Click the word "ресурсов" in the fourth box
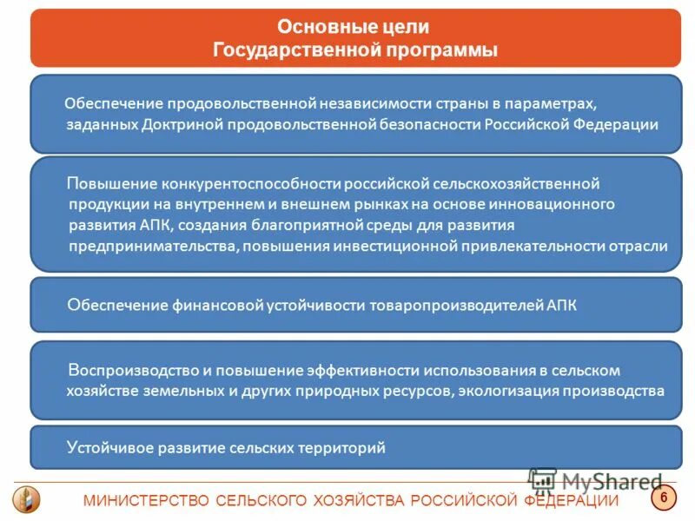pyautogui.click(x=416, y=391)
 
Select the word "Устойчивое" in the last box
pyautogui.click(x=103, y=448)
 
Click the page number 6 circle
pyautogui.click(x=664, y=498)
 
